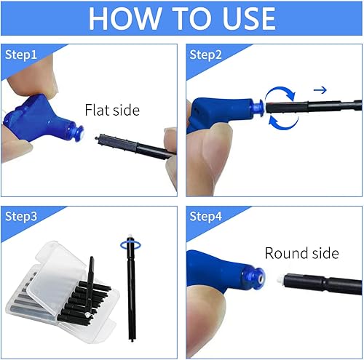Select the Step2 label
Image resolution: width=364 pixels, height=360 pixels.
point(205,55)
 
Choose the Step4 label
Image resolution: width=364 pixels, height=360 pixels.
point(205,217)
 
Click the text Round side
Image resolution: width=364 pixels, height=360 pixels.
point(301,253)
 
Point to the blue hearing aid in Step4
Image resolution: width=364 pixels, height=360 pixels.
point(218,273)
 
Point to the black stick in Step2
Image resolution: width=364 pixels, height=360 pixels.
point(320,109)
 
